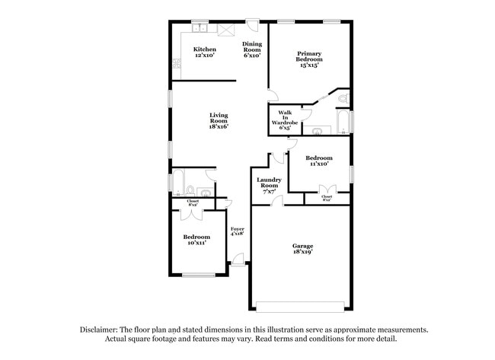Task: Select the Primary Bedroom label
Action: tap(308, 59)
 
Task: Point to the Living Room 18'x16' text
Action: tap(219, 120)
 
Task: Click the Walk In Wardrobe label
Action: tap(285, 119)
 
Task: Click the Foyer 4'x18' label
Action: tap(238, 232)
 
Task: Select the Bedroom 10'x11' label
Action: tap(196, 240)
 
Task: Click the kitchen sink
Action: tap(200, 29)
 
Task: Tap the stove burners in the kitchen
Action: tap(226, 30)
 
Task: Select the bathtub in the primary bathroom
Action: tap(343, 123)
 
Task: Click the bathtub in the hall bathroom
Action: tap(177, 183)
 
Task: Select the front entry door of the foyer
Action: tap(238, 263)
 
